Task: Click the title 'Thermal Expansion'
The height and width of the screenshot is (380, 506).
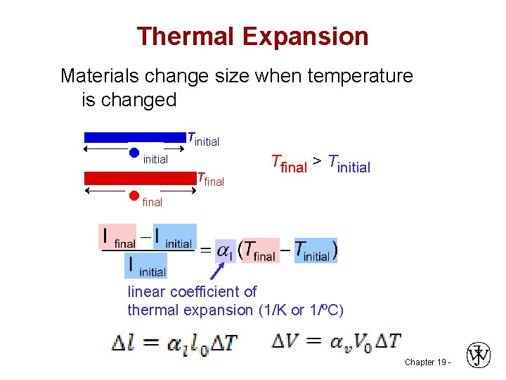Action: (252, 36)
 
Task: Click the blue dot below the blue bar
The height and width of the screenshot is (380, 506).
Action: (134, 152)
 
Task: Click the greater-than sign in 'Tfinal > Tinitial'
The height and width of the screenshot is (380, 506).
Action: (318, 163)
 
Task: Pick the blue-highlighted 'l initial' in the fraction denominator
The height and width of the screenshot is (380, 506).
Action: (145, 266)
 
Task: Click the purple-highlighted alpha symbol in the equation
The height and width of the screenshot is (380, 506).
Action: (225, 251)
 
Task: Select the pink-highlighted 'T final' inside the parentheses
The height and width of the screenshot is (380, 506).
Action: (260, 251)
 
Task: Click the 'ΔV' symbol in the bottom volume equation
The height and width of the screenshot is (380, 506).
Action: (286, 343)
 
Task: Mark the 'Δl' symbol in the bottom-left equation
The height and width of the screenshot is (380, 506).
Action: (126, 343)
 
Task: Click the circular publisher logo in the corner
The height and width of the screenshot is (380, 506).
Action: (478, 355)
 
